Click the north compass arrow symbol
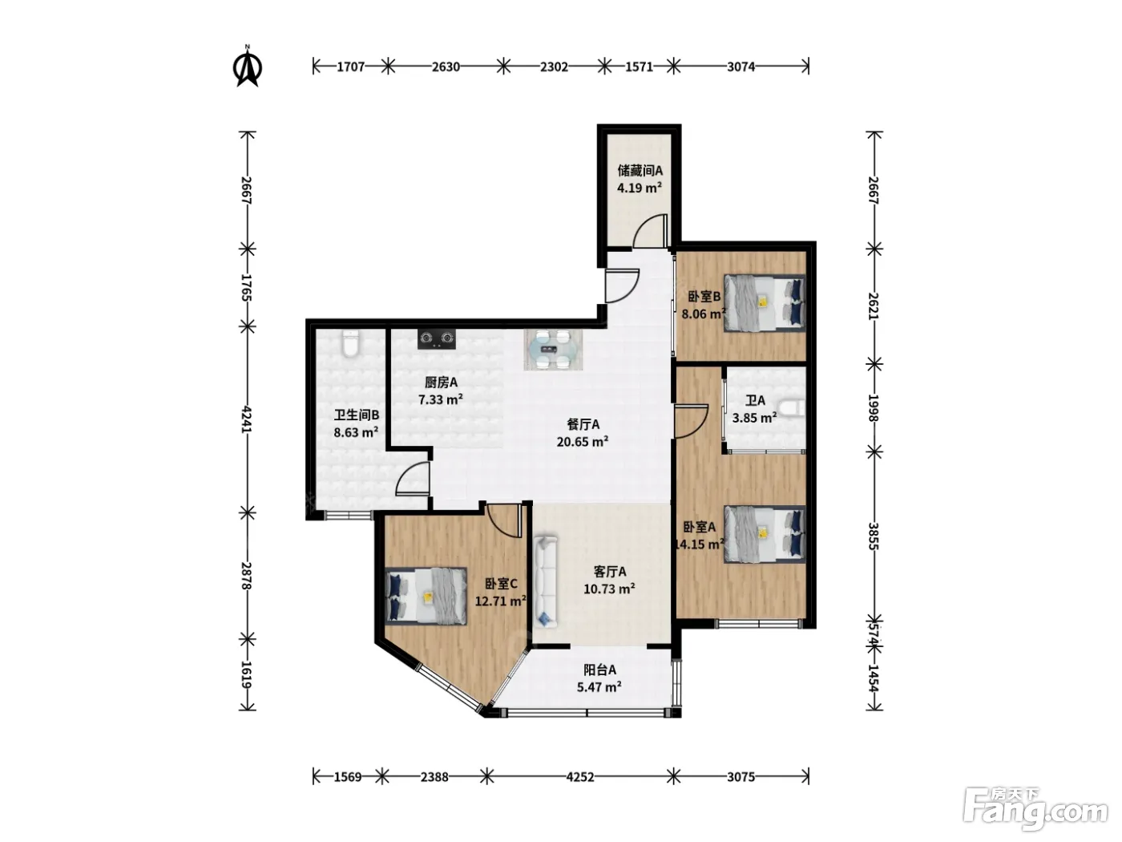[x=248, y=67]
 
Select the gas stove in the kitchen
[x=437, y=339]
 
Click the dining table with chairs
[x=553, y=350]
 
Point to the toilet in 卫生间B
[x=350, y=343]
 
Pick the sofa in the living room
[x=546, y=581]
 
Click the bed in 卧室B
[x=765, y=303]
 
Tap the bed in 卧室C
[x=426, y=596]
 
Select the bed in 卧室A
[x=765, y=534]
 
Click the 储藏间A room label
[x=640, y=170]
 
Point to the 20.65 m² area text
[x=582, y=442]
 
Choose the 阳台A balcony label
[x=599, y=670]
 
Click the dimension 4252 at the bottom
[x=580, y=777]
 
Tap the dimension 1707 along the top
[x=351, y=67]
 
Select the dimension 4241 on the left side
[x=248, y=419]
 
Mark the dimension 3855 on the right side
[x=874, y=536]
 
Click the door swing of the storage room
[x=650, y=231]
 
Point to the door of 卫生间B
[x=412, y=478]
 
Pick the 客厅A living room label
[x=610, y=572]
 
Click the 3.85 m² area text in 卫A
[x=754, y=418]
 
